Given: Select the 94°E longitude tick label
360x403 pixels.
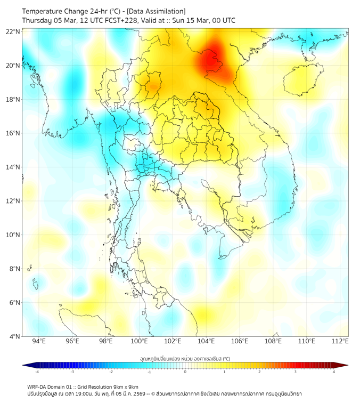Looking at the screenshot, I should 39,342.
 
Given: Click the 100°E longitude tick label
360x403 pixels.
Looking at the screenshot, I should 140,342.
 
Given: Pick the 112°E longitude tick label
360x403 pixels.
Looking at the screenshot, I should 341,342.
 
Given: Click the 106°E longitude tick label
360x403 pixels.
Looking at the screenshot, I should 240,342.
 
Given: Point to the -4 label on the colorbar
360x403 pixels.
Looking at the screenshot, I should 36,371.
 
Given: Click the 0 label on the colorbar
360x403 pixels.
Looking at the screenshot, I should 185,371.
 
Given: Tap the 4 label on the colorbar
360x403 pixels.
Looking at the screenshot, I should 334,371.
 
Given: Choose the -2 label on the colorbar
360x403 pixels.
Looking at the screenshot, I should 111,371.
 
